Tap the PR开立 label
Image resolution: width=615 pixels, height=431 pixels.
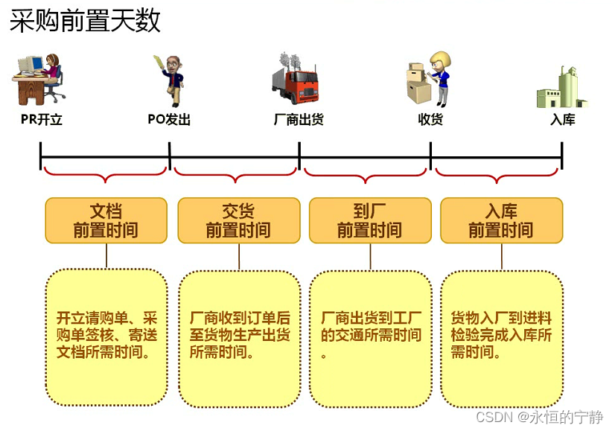point(42,119)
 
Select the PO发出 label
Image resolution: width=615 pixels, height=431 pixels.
point(169,119)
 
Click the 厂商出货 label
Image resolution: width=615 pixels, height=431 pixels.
point(299,119)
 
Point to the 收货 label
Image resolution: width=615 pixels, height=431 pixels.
point(430,119)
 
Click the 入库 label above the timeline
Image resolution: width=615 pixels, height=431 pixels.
point(562,119)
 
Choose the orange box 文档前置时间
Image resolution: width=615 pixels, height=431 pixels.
point(106,220)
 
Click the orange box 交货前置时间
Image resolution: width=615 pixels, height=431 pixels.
point(238,220)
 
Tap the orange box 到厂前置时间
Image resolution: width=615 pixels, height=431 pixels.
point(369,220)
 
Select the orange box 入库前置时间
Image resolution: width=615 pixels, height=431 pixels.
point(501,220)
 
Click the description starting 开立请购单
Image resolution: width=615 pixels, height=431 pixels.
point(107,335)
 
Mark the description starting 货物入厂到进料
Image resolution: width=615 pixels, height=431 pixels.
point(501,335)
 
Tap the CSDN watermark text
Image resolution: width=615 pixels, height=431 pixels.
point(539,417)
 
